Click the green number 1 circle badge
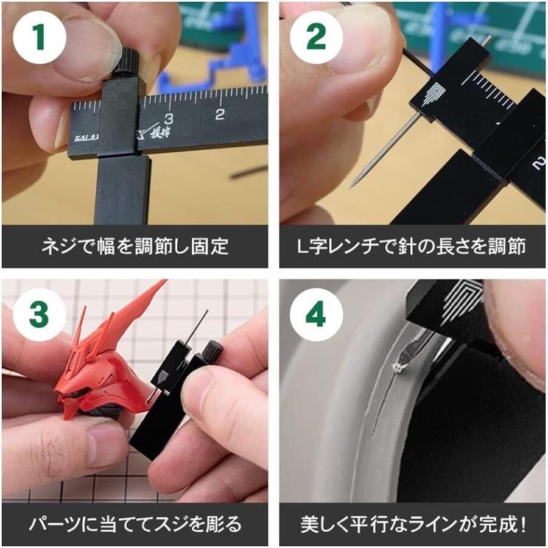40,37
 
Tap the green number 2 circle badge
316,37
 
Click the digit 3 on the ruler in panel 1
169,119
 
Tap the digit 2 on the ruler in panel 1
219,114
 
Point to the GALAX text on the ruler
86,138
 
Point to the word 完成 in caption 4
497,524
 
